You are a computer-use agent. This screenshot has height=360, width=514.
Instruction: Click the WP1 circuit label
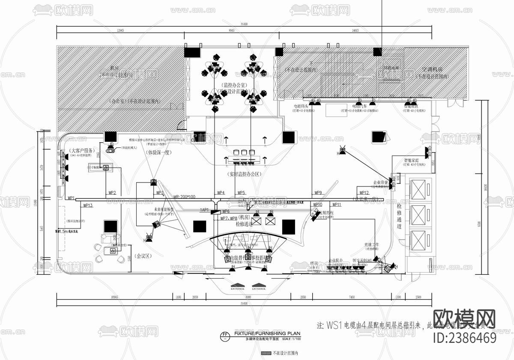pos(71,198)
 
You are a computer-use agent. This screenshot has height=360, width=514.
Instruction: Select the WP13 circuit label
pos(88,206)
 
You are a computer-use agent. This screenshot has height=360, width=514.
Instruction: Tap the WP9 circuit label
pos(318,193)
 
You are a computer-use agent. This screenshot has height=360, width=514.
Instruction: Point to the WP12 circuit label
pos(364,193)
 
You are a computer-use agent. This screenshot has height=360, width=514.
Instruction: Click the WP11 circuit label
pos(336,205)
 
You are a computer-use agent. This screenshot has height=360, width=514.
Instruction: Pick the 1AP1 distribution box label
pos(204,210)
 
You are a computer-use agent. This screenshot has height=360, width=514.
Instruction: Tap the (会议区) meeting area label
pos(144,256)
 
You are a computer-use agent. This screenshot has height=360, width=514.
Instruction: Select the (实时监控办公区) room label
pos(245,174)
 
